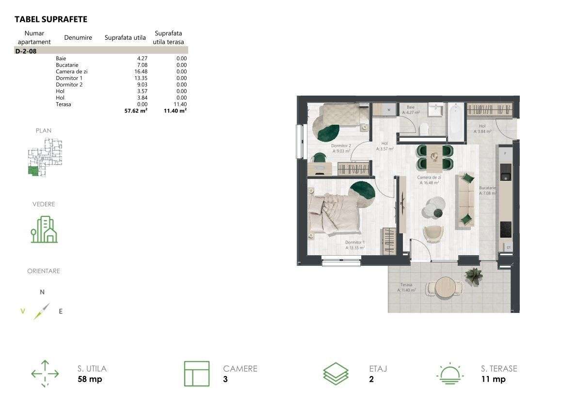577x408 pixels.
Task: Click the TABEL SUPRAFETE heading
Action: [x=51, y=19]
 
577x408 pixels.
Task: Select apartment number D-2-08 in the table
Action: [x=26, y=50]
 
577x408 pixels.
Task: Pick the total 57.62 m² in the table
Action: [x=136, y=111]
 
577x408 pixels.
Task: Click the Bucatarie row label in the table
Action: [x=67, y=65]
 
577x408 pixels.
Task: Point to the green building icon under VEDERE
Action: [x=44, y=229]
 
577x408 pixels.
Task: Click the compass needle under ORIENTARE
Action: [x=42, y=311]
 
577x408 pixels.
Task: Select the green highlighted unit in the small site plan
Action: [x=33, y=170]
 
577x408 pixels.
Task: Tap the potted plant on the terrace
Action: [x=473, y=276]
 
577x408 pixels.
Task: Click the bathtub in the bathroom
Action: [x=456, y=121]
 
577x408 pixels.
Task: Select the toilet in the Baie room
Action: [x=424, y=129]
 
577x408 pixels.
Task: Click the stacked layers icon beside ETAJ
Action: [x=336, y=374]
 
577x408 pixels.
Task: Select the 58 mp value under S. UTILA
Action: [x=90, y=379]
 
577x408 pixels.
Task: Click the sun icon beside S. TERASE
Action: [x=450, y=374]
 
